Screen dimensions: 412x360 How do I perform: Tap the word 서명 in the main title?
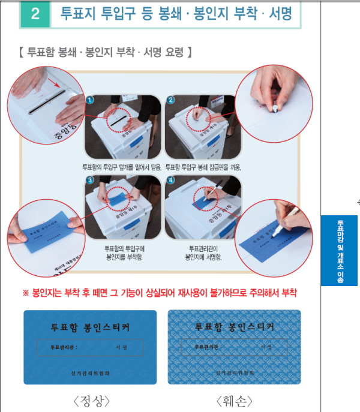point(279,14)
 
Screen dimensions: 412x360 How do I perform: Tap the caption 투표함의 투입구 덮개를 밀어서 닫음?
point(122,167)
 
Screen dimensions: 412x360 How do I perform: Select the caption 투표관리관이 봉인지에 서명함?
point(204,252)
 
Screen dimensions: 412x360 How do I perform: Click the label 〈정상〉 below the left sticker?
point(90,400)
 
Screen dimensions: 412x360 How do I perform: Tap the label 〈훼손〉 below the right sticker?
point(234,400)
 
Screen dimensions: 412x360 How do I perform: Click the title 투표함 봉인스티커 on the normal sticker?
point(90,327)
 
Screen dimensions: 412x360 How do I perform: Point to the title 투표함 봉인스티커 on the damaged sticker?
point(234,327)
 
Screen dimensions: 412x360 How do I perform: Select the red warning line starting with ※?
point(160,293)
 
